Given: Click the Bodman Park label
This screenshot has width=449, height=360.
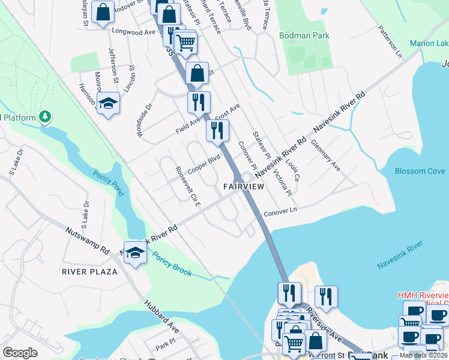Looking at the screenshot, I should pos(304,36).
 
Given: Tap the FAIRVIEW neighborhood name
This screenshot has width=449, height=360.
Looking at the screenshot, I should pos(244,187).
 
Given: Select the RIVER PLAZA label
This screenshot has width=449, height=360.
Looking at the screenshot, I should pos(89,271).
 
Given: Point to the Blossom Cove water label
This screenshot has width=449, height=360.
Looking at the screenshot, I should pos(420,171).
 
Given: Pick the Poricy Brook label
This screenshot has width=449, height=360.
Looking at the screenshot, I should pos(172,264).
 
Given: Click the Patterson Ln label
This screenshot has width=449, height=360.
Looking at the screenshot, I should pos(390,41).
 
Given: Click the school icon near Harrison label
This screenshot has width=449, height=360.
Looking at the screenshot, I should pos(108,104).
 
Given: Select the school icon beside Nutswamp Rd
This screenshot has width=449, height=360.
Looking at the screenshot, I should pos(136,253).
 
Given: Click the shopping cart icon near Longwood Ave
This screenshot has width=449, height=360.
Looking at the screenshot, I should pos(186,41).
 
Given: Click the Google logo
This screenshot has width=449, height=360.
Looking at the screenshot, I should pos(20,353).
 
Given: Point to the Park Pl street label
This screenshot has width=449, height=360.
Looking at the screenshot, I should pos(163,347).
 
